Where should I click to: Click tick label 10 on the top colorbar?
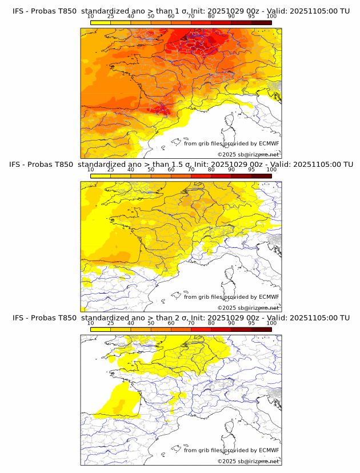91,17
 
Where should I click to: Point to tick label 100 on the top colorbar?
271,17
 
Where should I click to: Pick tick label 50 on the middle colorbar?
151,170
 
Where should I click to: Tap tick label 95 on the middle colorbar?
251,170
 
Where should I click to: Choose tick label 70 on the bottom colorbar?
191,323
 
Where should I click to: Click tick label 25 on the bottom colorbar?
111,323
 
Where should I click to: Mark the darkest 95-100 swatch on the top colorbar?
261,22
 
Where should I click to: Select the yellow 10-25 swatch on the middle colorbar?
101,175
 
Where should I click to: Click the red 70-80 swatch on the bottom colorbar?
201,328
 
